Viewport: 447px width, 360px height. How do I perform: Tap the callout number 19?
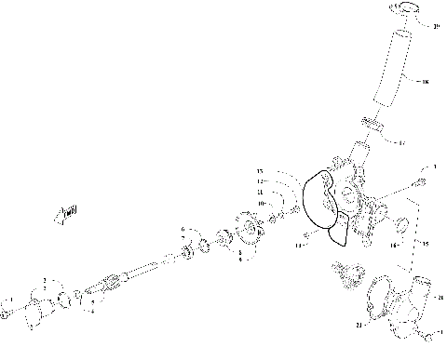[437, 26]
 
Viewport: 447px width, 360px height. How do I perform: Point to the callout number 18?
[427, 82]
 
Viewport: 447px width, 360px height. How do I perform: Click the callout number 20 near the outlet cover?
[440, 297]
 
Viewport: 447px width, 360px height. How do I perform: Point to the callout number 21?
[359, 325]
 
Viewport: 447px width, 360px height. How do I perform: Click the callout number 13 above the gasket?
[261, 172]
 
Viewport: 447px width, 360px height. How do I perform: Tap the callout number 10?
[262, 202]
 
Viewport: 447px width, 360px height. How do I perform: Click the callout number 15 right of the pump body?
[427, 244]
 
